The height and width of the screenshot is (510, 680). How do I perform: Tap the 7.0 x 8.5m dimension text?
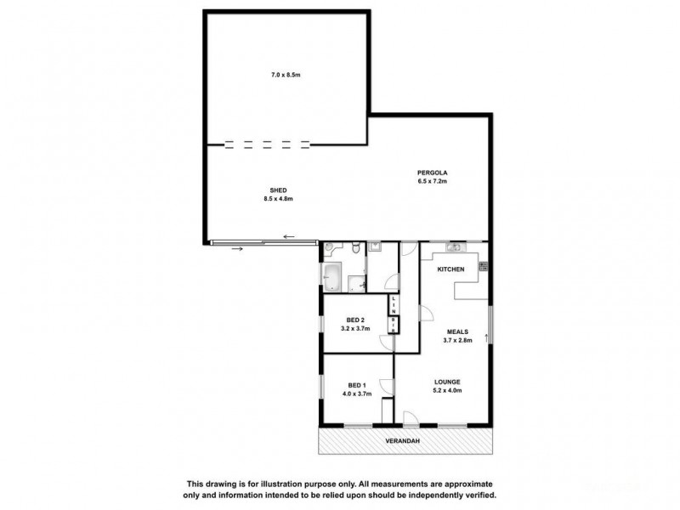(x=286, y=76)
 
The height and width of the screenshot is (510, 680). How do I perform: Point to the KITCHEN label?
(x=450, y=269)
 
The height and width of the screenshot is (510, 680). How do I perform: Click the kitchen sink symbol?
(x=454, y=247)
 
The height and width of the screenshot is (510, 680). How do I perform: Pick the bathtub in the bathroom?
(x=332, y=275)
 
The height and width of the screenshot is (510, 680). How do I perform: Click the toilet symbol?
(x=356, y=248)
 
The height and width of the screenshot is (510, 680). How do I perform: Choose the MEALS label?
(x=456, y=331)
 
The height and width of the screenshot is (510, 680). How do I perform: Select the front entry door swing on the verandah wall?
(x=411, y=418)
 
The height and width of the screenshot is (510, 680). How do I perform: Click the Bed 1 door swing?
(x=387, y=384)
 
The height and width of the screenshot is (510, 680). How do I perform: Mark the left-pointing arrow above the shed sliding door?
(x=290, y=237)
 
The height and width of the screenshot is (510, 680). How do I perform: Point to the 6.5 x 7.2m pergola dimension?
(x=432, y=181)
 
